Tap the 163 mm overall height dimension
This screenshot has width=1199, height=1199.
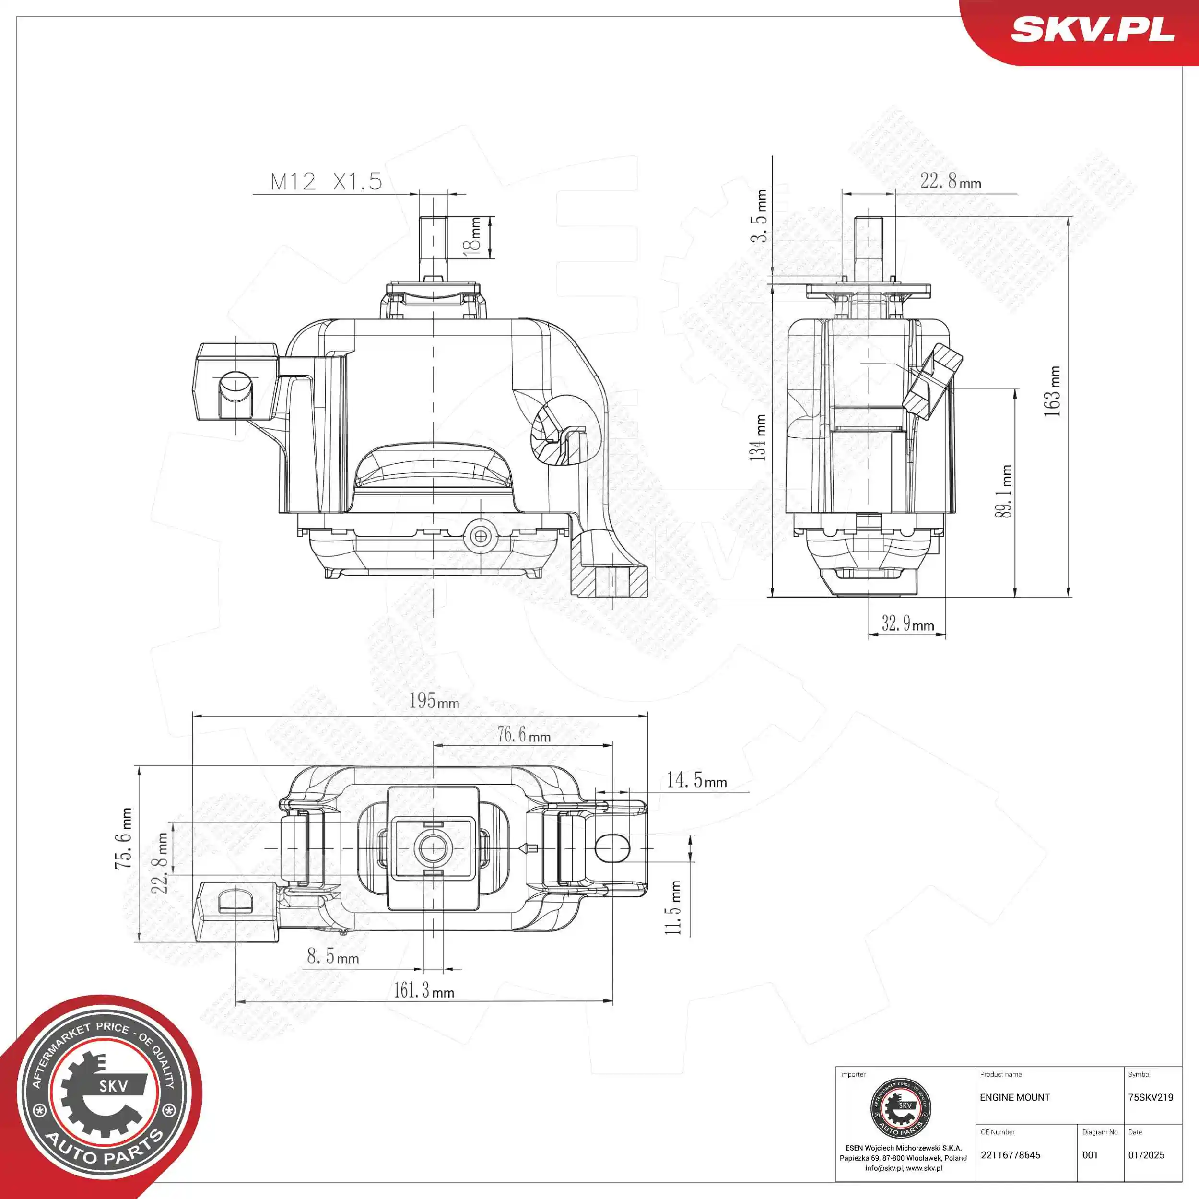(x=1053, y=391)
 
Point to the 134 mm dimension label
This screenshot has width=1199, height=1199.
(x=758, y=437)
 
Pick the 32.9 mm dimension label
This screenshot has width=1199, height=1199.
(x=907, y=623)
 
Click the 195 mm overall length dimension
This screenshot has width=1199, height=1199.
(x=434, y=701)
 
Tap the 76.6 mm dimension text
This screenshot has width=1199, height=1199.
(x=524, y=735)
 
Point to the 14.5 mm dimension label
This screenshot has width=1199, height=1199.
(x=696, y=780)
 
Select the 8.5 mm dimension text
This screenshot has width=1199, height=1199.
(x=333, y=956)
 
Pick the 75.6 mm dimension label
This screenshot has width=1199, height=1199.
(x=124, y=838)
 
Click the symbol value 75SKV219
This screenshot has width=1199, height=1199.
(x=1151, y=1097)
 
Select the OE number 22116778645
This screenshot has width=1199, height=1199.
(x=1011, y=1155)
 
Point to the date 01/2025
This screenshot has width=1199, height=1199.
(x=1146, y=1155)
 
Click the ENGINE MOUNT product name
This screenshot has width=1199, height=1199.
(x=1015, y=1097)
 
